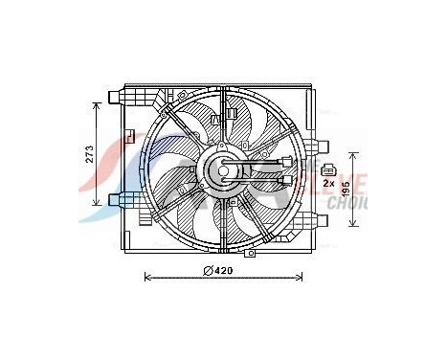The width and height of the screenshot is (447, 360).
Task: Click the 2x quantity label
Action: click(x=328, y=182)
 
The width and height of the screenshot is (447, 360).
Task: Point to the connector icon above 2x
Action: click(x=329, y=169)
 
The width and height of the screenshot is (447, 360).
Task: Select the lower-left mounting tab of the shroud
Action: click(x=116, y=200)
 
